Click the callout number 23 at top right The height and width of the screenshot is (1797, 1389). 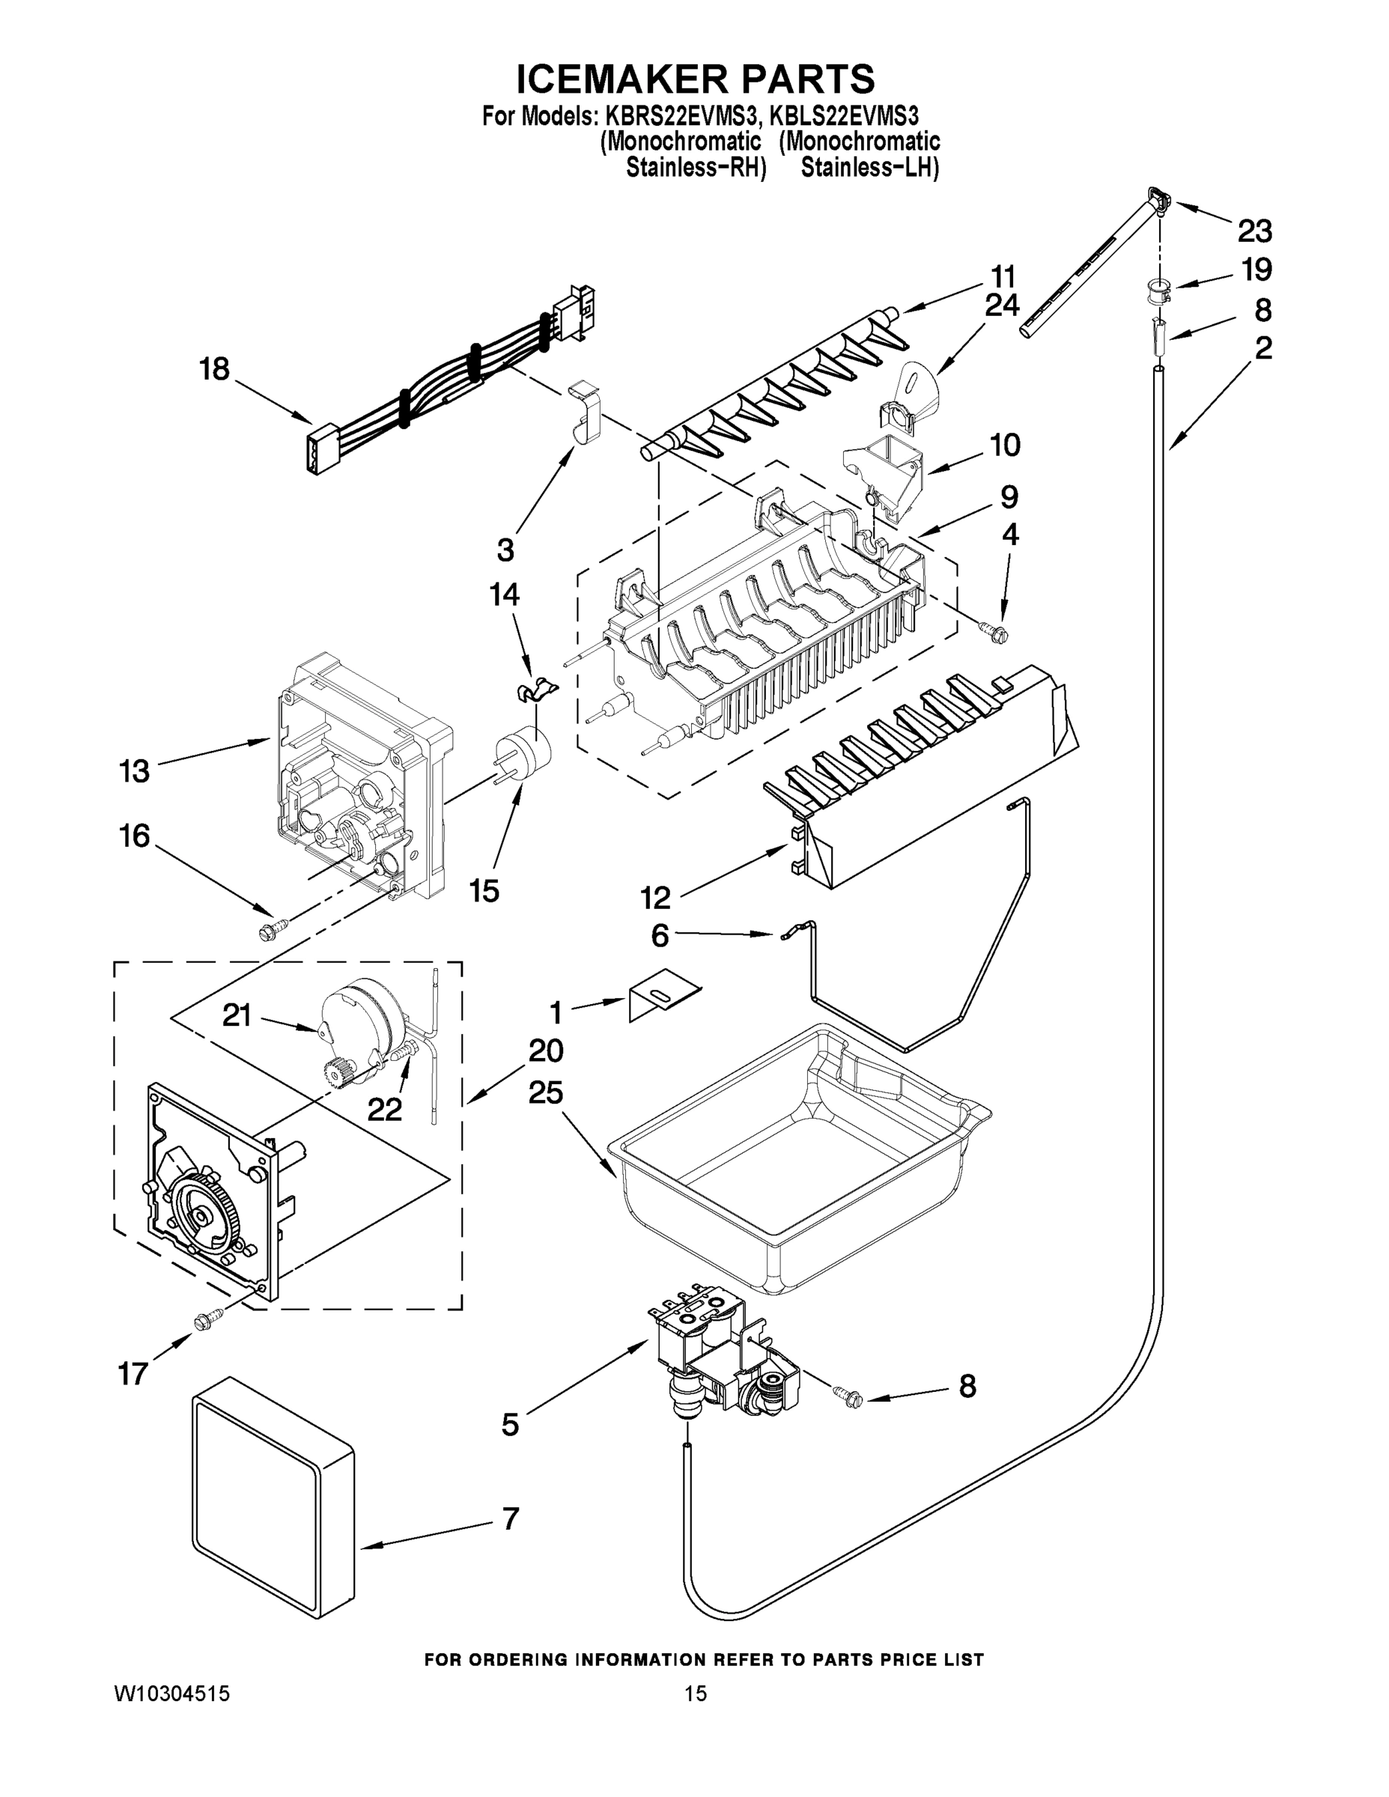pos(1254,231)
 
